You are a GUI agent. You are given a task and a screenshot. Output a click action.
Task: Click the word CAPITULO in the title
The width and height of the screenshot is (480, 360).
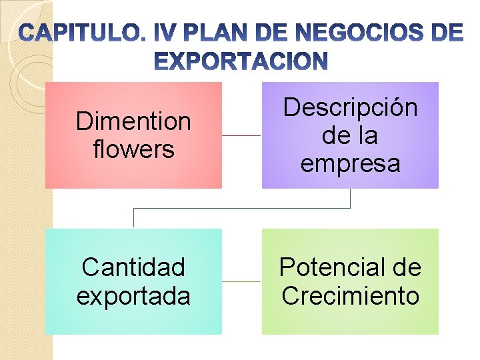point(79,33)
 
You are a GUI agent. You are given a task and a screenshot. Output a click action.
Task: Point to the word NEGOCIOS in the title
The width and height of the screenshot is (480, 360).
point(347,33)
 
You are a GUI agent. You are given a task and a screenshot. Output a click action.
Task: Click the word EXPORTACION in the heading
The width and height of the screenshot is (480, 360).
point(241,62)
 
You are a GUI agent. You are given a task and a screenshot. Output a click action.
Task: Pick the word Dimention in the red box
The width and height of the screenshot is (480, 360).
point(133,121)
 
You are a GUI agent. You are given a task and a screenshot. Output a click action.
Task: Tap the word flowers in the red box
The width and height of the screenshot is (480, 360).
point(133,149)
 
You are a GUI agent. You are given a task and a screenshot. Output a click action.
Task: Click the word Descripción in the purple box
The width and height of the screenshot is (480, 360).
point(350,107)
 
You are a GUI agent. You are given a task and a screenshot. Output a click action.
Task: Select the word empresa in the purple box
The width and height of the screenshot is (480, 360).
point(350,163)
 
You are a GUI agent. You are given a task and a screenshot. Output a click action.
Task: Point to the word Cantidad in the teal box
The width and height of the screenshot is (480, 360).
point(133,267)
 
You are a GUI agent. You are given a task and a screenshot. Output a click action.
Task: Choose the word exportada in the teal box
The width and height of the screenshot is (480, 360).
point(133,296)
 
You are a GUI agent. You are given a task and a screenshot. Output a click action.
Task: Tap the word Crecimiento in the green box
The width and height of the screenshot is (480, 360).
point(350,296)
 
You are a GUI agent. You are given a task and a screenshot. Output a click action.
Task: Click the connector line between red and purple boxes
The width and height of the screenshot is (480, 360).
point(241,135)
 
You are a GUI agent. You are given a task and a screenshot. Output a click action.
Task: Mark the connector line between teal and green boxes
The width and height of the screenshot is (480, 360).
point(241,281)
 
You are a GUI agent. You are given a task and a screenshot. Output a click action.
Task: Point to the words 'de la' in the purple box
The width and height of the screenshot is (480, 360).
point(350,135)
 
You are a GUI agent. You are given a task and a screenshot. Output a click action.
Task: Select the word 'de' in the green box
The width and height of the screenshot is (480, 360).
point(408,267)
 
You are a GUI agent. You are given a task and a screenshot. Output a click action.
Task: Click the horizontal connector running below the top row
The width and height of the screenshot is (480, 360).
point(241,208)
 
